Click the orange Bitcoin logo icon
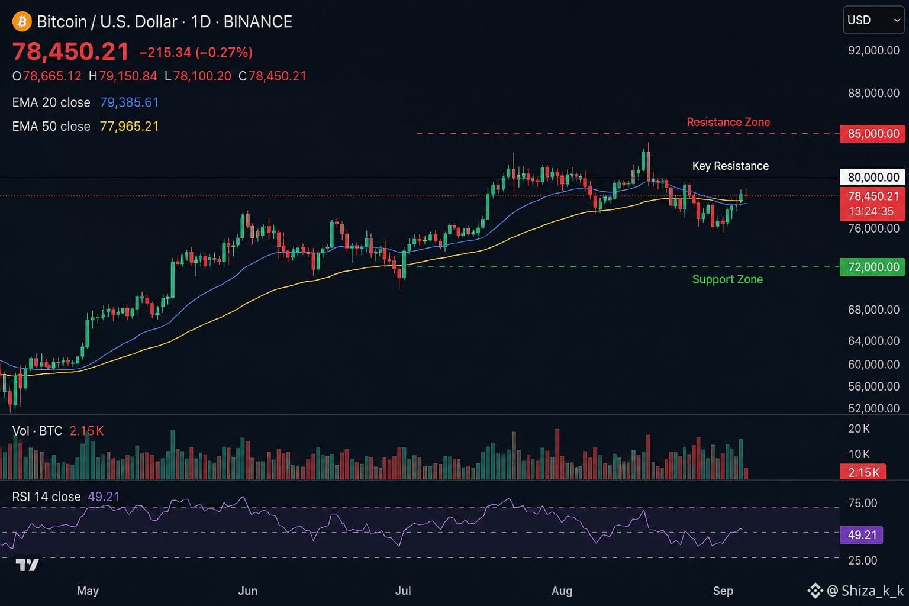(x=22, y=21)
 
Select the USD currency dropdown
(x=873, y=20)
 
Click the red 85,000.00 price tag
(x=872, y=134)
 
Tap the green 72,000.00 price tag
(x=872, y=267)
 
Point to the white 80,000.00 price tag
(x=872, y=178)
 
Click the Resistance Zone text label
(x=728, y=122)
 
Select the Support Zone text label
(x=727, y=280)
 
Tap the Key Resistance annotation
(x=730, y=166)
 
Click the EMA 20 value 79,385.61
(x=129, y=102)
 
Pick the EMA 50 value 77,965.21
(x=129, y=127)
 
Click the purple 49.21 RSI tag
(x=861, y=535)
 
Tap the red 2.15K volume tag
(x=863, y=472)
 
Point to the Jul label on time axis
(x=403, y=591)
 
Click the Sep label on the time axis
(x=723, y=591)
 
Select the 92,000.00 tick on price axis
(x=873, y=50)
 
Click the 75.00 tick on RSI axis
(x=862, y=503)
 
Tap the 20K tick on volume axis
(x=859, y=428)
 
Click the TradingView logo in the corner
(x=27, y=565)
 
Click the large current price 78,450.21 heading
(x=70, y=51)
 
